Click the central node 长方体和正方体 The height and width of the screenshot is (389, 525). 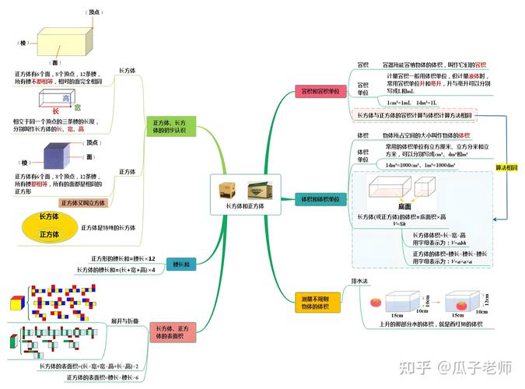click(244, 197)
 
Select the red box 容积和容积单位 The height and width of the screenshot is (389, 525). click(320, 92)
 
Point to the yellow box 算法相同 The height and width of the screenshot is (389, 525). click(506, 166)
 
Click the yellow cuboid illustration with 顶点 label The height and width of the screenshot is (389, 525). click(58, 40)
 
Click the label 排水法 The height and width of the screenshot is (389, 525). click(359, 280)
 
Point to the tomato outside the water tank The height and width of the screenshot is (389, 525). click(376, 302)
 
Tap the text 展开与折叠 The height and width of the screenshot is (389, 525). click(124, 320)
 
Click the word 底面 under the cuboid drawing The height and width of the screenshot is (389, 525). click(404, 207)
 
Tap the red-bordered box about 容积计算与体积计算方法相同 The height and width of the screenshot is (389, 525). click(414, 115)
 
